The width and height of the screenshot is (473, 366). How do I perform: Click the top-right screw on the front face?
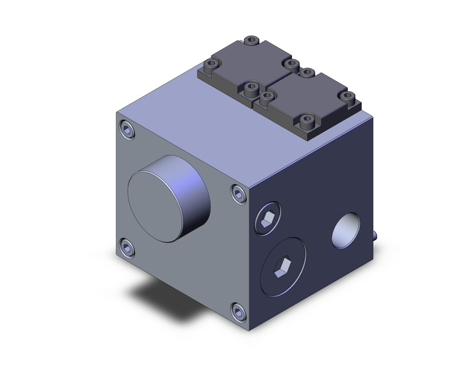click(x=238, y=194)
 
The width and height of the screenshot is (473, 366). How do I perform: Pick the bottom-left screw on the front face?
click(x=128, y=249)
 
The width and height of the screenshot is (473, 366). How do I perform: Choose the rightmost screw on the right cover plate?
click(x=349, y=97)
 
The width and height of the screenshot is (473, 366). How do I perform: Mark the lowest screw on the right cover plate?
click(x=309, y=120)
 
